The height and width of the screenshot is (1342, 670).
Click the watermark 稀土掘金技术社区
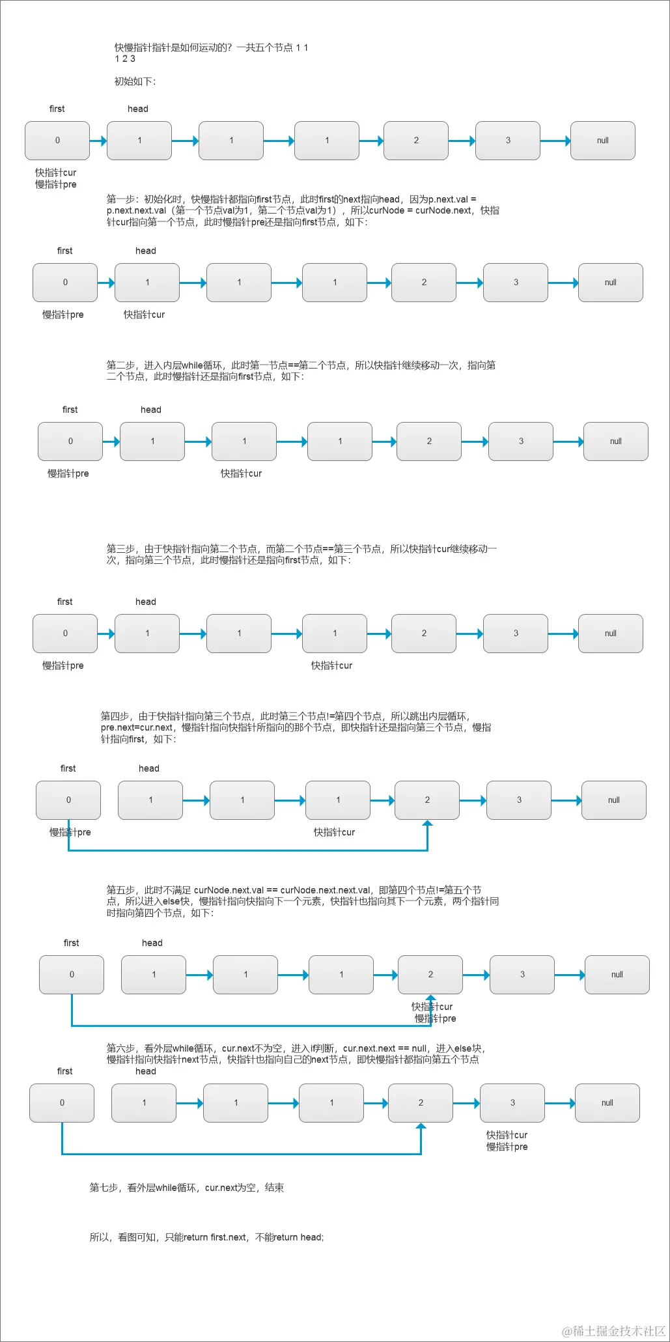point(614,1330)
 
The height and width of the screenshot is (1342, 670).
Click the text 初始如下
point(135,81)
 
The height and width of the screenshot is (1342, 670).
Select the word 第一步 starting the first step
point(120,199)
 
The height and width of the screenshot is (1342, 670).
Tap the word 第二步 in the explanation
point(120,365)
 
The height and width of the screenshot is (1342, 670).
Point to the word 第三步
point(120,549)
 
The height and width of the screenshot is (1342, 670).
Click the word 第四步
point(115,716)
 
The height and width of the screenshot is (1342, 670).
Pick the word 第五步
point(120,890)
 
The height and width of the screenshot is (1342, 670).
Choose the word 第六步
point(120,1048)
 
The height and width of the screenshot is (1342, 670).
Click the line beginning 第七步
point(186,1188)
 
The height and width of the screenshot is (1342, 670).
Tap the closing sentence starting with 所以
point(206,1237)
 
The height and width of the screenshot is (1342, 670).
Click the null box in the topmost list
point(602,141)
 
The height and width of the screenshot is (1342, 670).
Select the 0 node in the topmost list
point(57,141)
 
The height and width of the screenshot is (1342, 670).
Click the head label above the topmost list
point(138,109)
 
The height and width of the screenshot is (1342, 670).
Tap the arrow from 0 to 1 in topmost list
point(98,141)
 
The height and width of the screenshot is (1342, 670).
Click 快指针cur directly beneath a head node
point(144,315)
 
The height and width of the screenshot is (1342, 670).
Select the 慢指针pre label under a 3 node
point(507,1147)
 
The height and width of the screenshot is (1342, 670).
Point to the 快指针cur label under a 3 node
point(507,1135)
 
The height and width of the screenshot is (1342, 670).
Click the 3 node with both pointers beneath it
point(512,1103)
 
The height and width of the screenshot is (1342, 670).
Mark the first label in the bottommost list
point(65,1071)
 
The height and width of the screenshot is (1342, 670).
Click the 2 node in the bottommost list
point(421,1103)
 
